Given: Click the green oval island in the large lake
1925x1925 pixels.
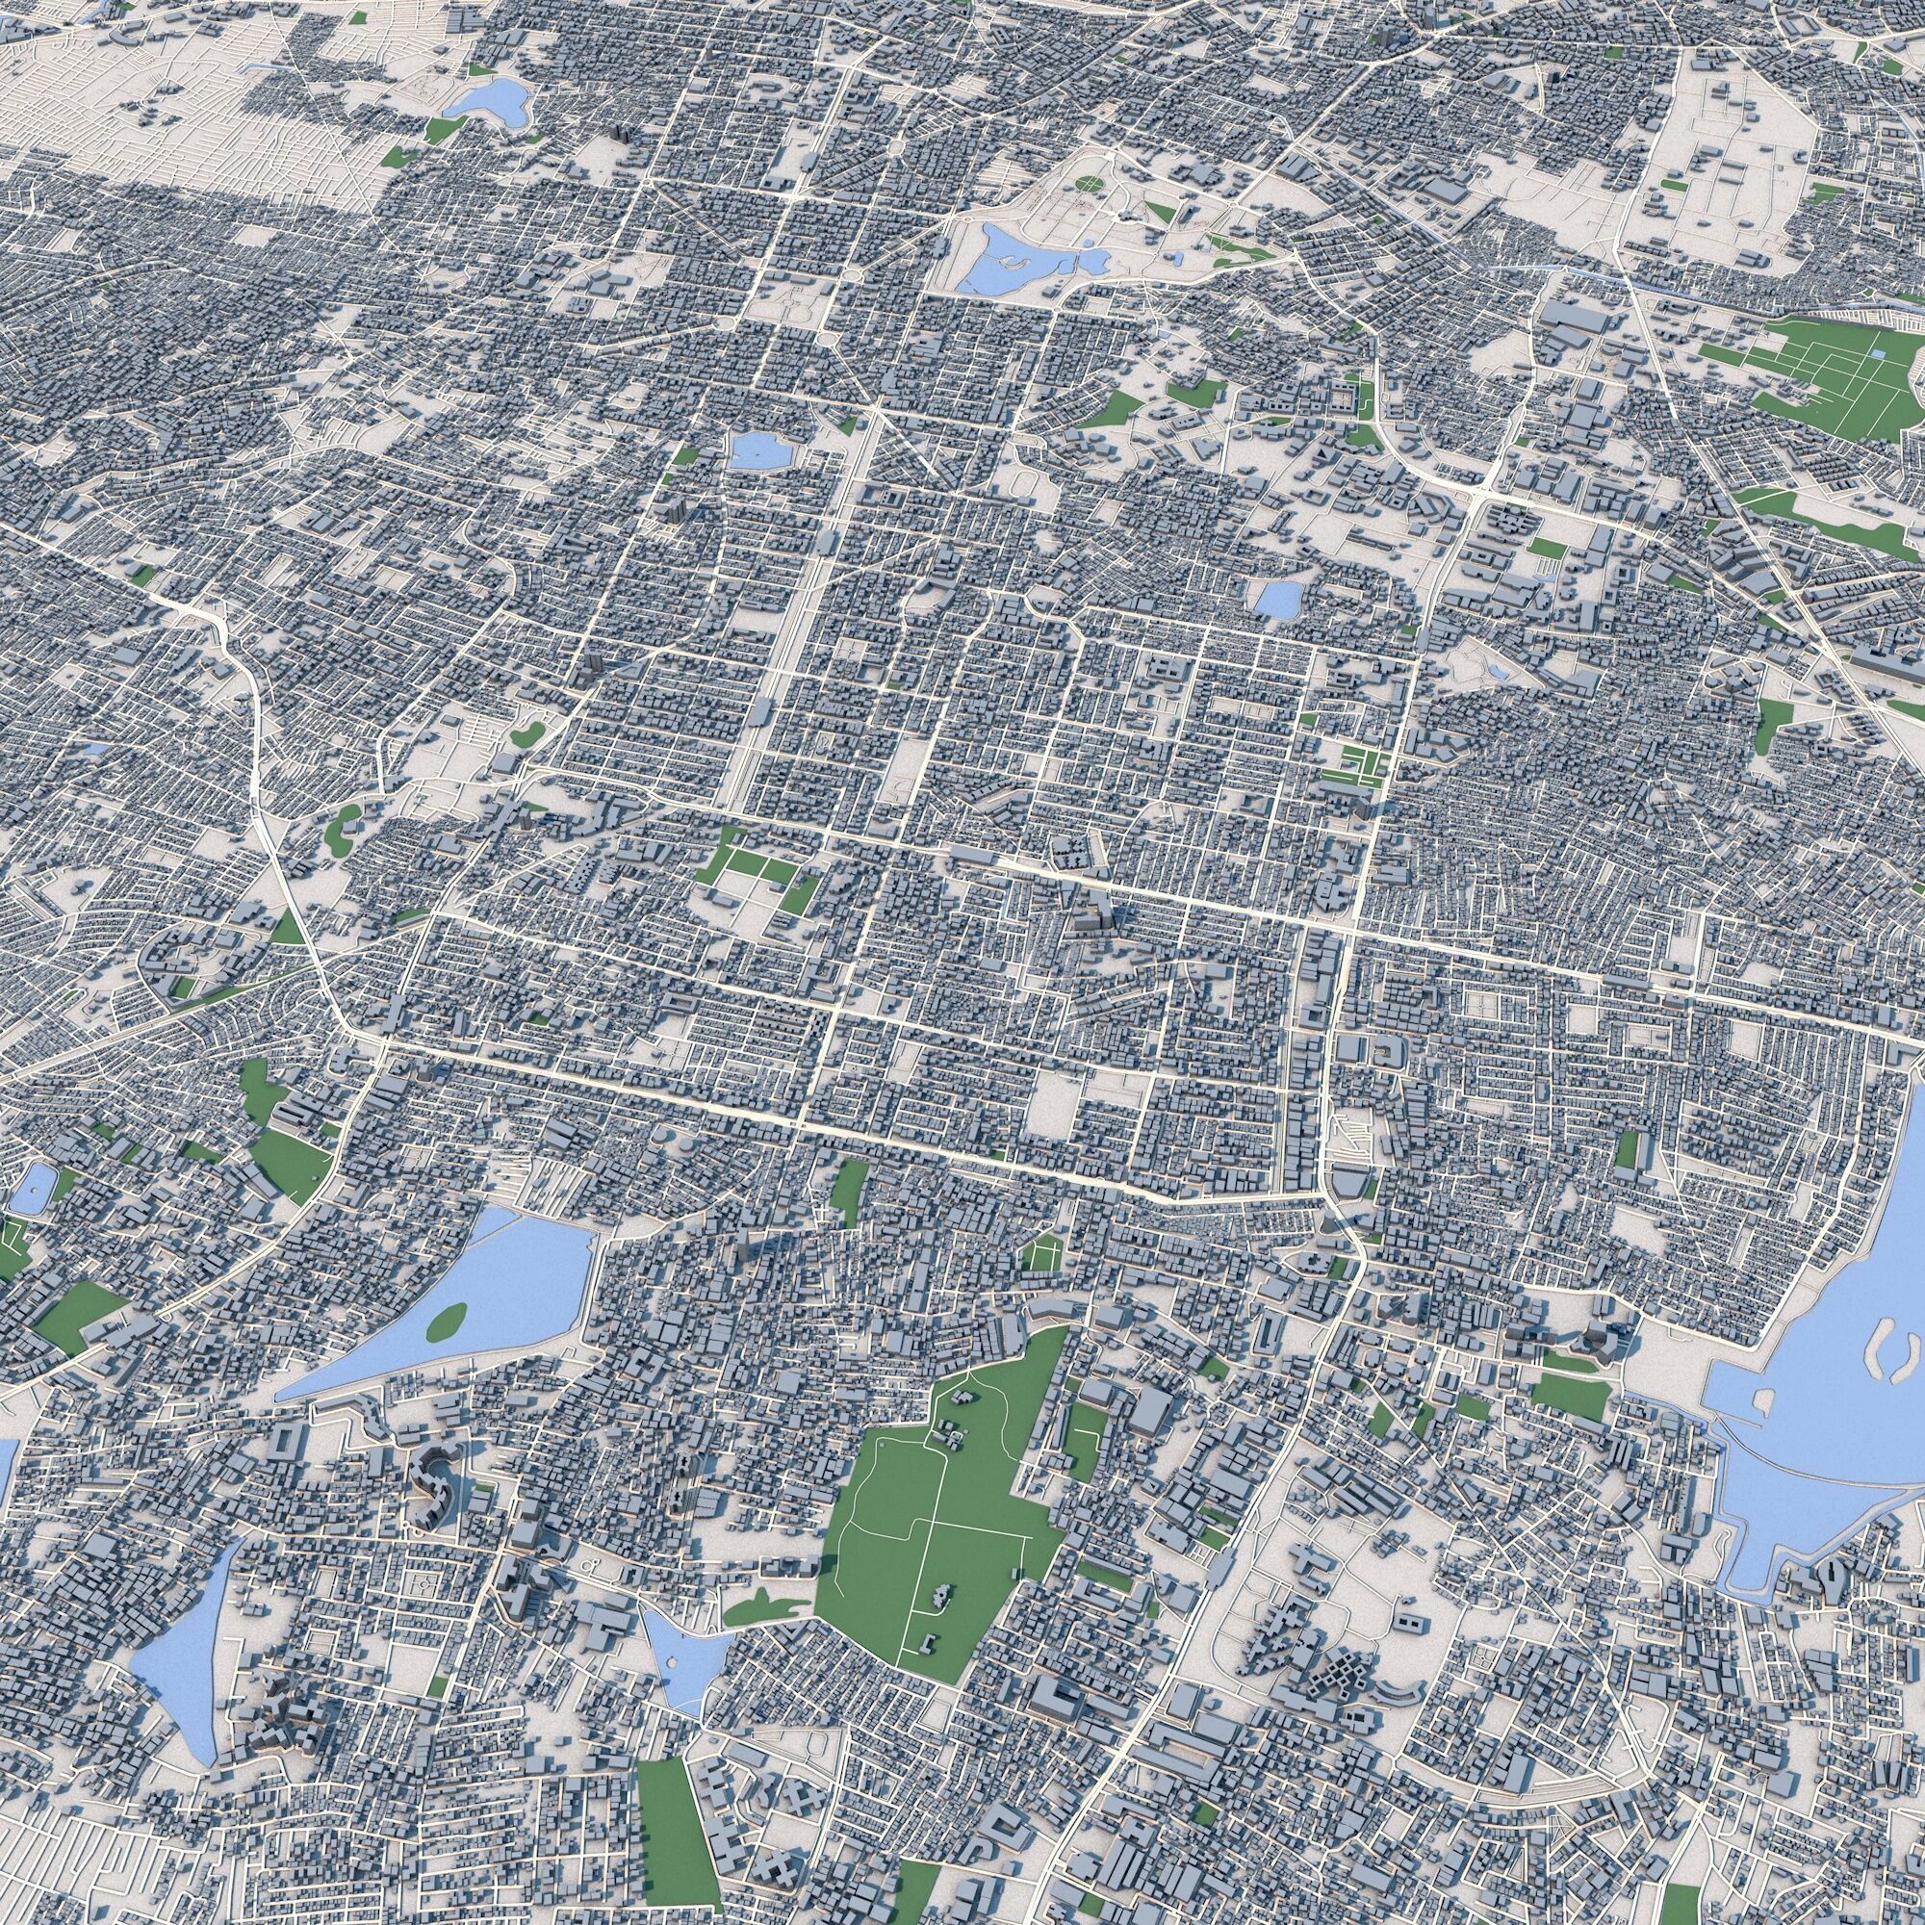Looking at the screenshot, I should pos(448,1320).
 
